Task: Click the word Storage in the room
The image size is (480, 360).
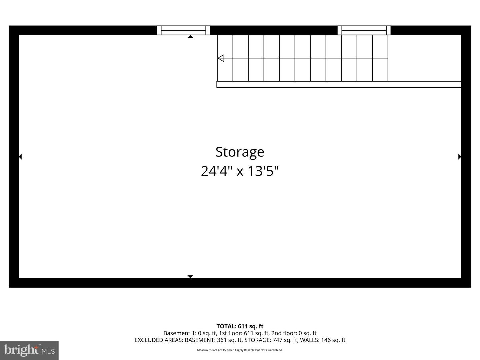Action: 240,152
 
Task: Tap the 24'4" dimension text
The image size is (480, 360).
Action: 216,171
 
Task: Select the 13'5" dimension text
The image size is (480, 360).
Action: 263,171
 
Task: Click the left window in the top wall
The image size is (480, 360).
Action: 183,30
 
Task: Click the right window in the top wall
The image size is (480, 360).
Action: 364,30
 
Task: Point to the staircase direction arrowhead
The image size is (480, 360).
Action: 221,58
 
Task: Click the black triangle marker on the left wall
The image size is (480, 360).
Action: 20,157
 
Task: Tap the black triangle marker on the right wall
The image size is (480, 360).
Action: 460,157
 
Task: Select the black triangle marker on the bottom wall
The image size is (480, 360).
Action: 190,277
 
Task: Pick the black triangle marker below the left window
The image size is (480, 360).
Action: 190,37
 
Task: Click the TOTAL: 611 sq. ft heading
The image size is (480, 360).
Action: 240,326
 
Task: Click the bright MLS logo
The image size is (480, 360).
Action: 29,350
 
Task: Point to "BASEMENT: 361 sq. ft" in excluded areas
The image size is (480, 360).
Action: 214,340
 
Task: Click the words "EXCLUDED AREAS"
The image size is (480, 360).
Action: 159,340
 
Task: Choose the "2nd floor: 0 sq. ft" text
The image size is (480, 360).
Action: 294,333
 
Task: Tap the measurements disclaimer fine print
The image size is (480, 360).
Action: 240,350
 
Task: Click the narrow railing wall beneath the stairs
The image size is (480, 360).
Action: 339,84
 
